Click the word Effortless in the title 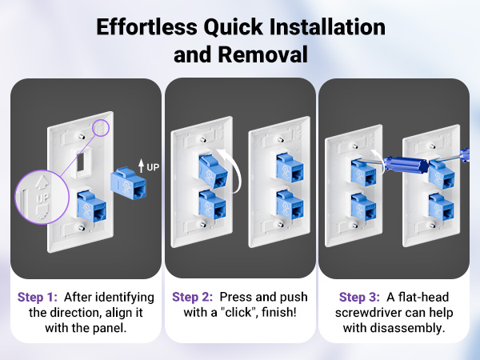(x=147, y=26)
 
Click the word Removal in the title (x=262, y=54)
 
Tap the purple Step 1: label (x=38, y=297)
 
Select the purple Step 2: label (x=192, y=297)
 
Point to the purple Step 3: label (x=359, y=297)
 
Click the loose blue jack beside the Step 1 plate (x=128, y=183)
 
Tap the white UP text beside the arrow (x=153, y=167)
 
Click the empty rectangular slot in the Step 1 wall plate (x=81, y=162)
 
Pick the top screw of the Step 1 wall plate (x=82, y=136)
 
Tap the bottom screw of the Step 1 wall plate (x=81, y=227)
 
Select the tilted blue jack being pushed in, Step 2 (x=213, y=171)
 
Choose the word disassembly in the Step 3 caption (x=407, y=328)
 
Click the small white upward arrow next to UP (x=141, y=166)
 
